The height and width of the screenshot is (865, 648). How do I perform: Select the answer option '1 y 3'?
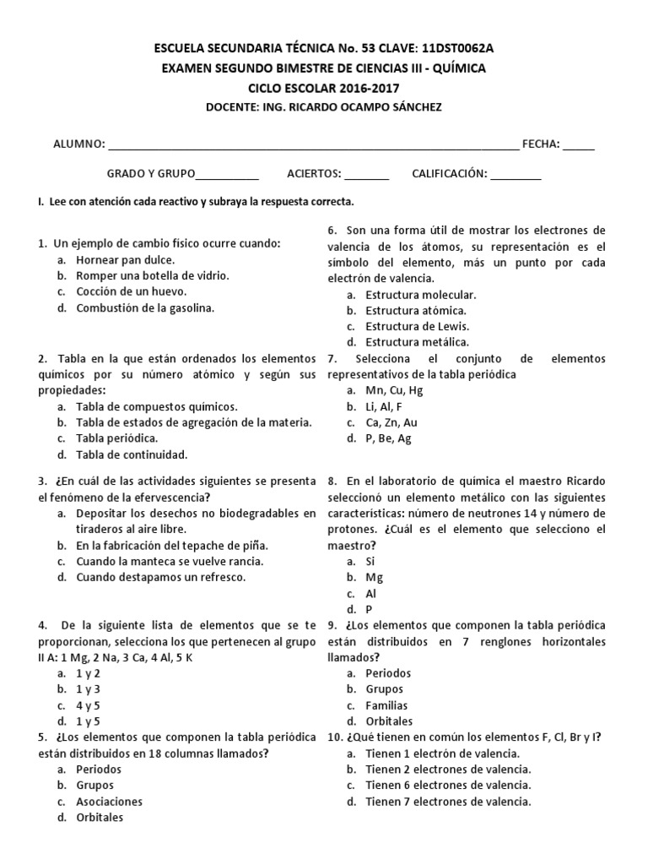pos(88,689)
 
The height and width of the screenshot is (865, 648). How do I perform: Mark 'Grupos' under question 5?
pos(98,786)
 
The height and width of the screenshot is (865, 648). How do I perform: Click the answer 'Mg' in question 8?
pos(374,577)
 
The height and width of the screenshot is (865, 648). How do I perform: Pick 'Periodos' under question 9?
pos(388,673)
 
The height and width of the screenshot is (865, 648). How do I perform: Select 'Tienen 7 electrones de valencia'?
pos(448,802)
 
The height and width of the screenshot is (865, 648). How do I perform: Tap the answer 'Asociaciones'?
pos(109,802)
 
